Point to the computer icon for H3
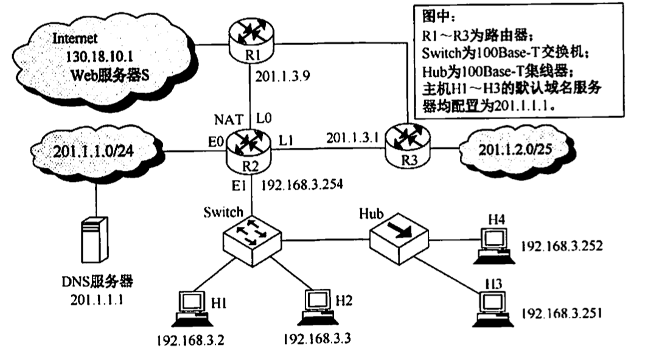click(491, 308)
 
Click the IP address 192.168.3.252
click(562, 247)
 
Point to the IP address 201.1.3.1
click(352, 137)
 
